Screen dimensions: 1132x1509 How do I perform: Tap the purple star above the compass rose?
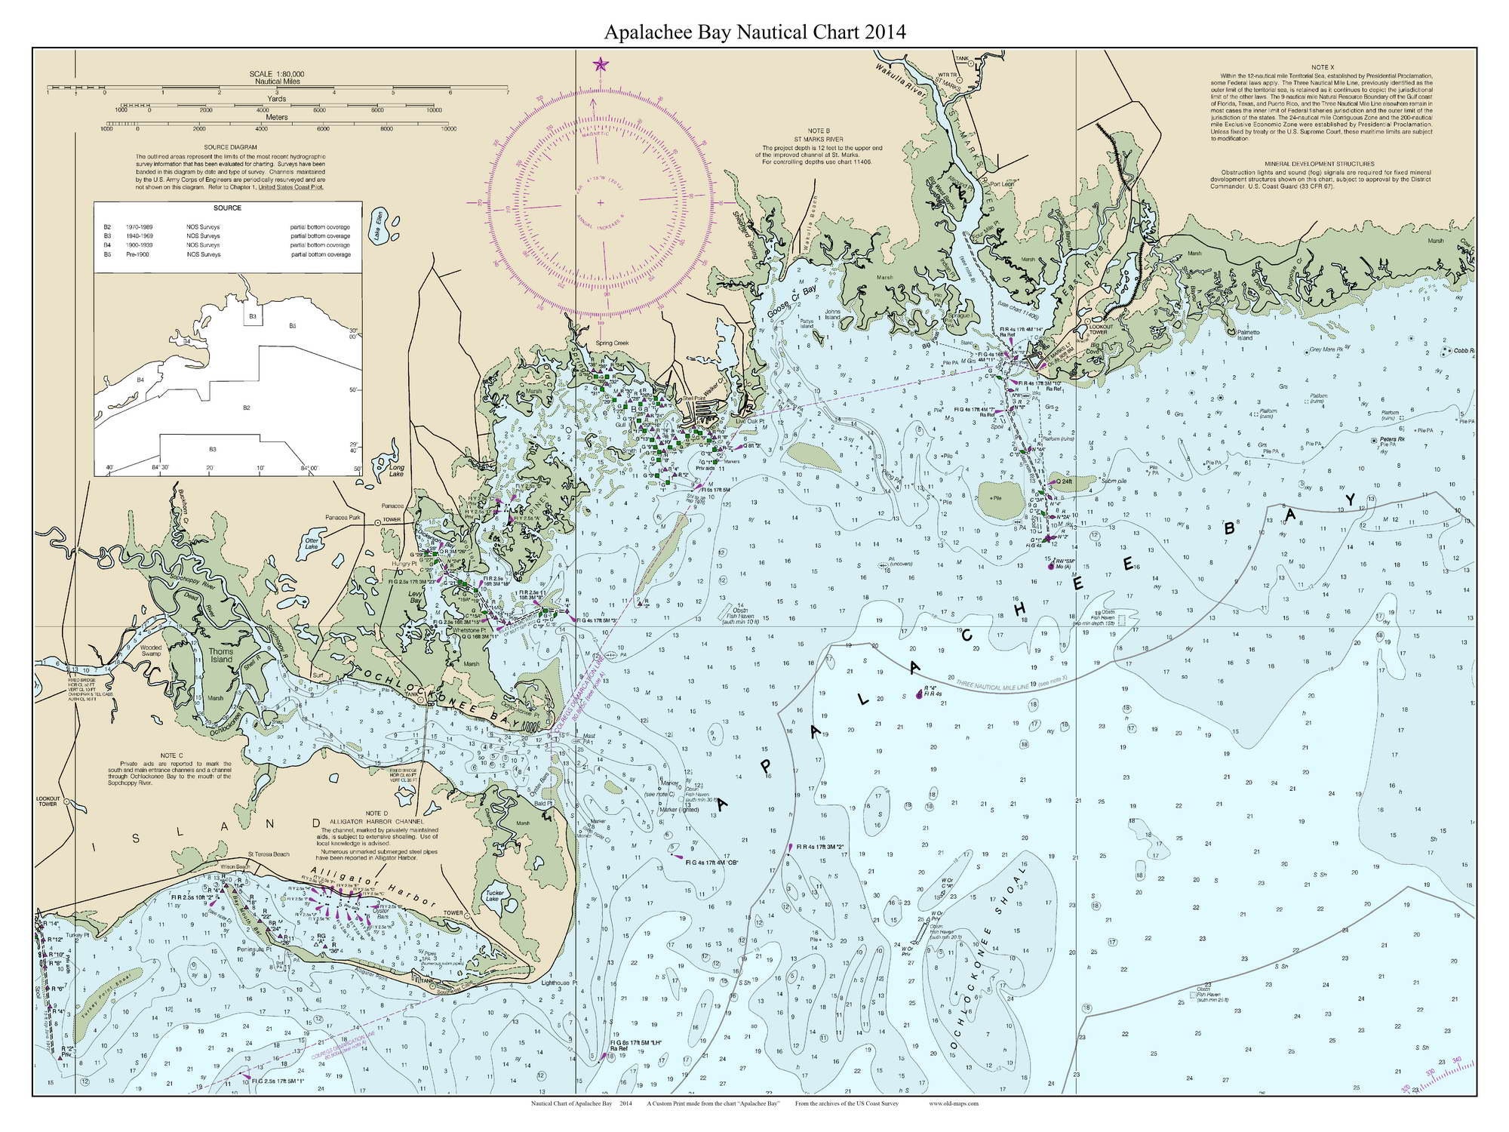(601, 64)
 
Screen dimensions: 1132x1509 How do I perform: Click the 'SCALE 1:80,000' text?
(277, 74)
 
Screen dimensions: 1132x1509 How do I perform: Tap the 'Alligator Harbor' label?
(373, 888)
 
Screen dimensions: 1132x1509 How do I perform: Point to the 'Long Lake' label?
(396, 472)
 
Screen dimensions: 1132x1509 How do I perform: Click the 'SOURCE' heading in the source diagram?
(227, 208)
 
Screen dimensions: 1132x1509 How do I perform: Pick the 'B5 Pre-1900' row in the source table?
(226, 255)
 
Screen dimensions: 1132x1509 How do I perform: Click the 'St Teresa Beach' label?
(269, 854)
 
